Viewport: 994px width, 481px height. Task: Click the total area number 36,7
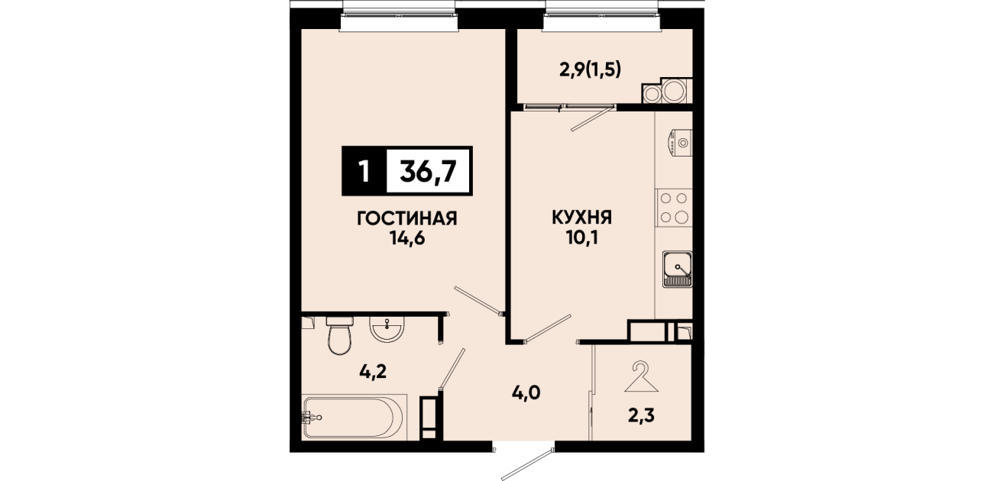click(x=428, y=171)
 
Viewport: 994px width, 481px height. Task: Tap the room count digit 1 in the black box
click(x=364, y=171)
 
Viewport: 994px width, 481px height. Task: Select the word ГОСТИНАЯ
click(x=407, y=218)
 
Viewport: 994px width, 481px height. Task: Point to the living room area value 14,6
click(x=407, y=239)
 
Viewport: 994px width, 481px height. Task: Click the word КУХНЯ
click(x=581, y=218)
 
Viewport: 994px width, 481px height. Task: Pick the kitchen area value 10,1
click(x=581, y=238)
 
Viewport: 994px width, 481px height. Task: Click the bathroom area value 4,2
click(x=373, y=371)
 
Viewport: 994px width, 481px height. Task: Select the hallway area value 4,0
click(x=526, y=393)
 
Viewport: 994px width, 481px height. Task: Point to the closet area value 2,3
click(x=641, y=416)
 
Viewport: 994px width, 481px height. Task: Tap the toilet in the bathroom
click(x=340, y=335)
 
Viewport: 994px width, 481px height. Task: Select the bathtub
click(x=354, y=417)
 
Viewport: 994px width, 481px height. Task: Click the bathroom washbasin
click(x=387, y=329)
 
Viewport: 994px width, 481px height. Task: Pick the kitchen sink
click(x=677, y=269)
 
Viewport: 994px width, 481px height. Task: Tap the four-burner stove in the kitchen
click(x=674, y=208)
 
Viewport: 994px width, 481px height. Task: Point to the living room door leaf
click(x=478, y=301)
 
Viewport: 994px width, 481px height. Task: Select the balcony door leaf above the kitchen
click(x=592, y=118)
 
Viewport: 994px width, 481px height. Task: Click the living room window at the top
click(x=400, y=16)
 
